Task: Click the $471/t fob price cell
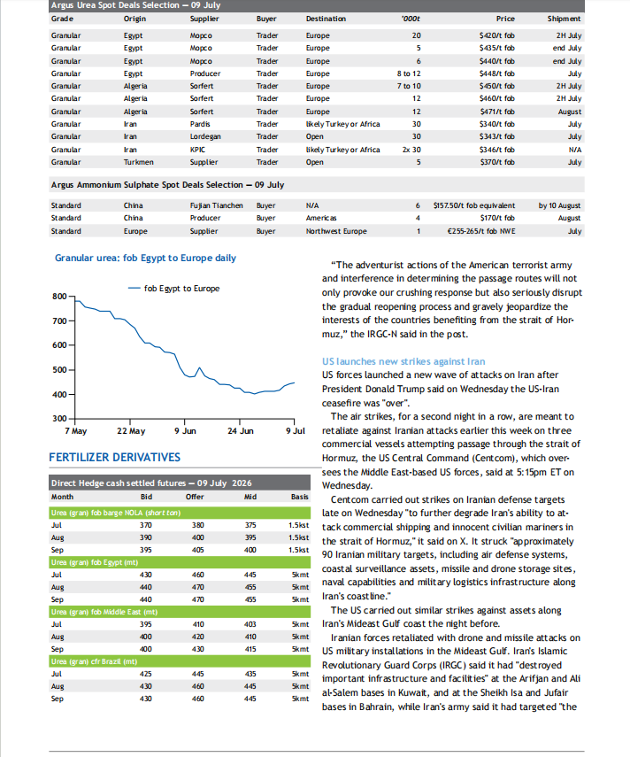coord(497,112)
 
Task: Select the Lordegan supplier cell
coord(205,136)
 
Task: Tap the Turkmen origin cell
coord(138,162)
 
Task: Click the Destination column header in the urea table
coord(326,19)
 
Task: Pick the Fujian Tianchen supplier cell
coord(216,205)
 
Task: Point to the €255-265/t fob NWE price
coord(481,231)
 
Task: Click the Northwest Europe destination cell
coord(336,231)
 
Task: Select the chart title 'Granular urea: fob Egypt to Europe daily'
coord(145,258)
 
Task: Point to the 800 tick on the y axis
coord(59,297)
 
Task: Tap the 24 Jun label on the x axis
coord(240,430)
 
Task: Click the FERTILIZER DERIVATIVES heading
coord(115,457)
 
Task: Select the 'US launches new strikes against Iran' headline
coord(403,361)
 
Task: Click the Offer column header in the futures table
coord(195,497)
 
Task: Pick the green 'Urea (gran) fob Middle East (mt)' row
coord(180,612)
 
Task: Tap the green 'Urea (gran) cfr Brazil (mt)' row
coord(180,661)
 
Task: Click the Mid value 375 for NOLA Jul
coord(250,525)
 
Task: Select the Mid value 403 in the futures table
coord(250,624)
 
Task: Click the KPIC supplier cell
coord(197,150)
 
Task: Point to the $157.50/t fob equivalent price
coord(473,205)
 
